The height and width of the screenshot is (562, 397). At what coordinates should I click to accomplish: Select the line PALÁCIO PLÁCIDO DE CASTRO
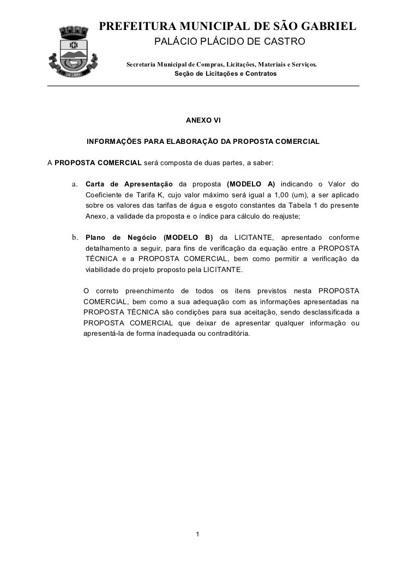[230, 43]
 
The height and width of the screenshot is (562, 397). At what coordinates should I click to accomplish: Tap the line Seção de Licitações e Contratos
[225, 74]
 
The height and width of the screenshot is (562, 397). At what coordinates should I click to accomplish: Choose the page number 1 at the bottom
[198, 533]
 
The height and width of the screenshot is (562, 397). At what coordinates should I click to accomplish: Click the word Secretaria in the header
[143, 65]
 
